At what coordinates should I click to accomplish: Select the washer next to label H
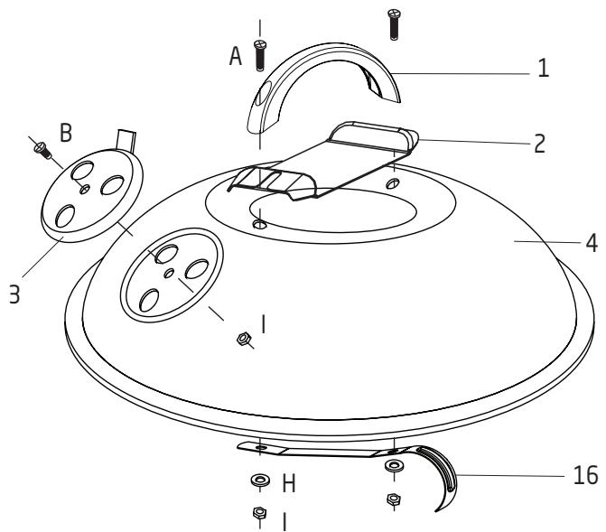[259, 480]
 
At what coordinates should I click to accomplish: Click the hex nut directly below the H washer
[259, 515]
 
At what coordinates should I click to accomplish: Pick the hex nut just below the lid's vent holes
[242, 339]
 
